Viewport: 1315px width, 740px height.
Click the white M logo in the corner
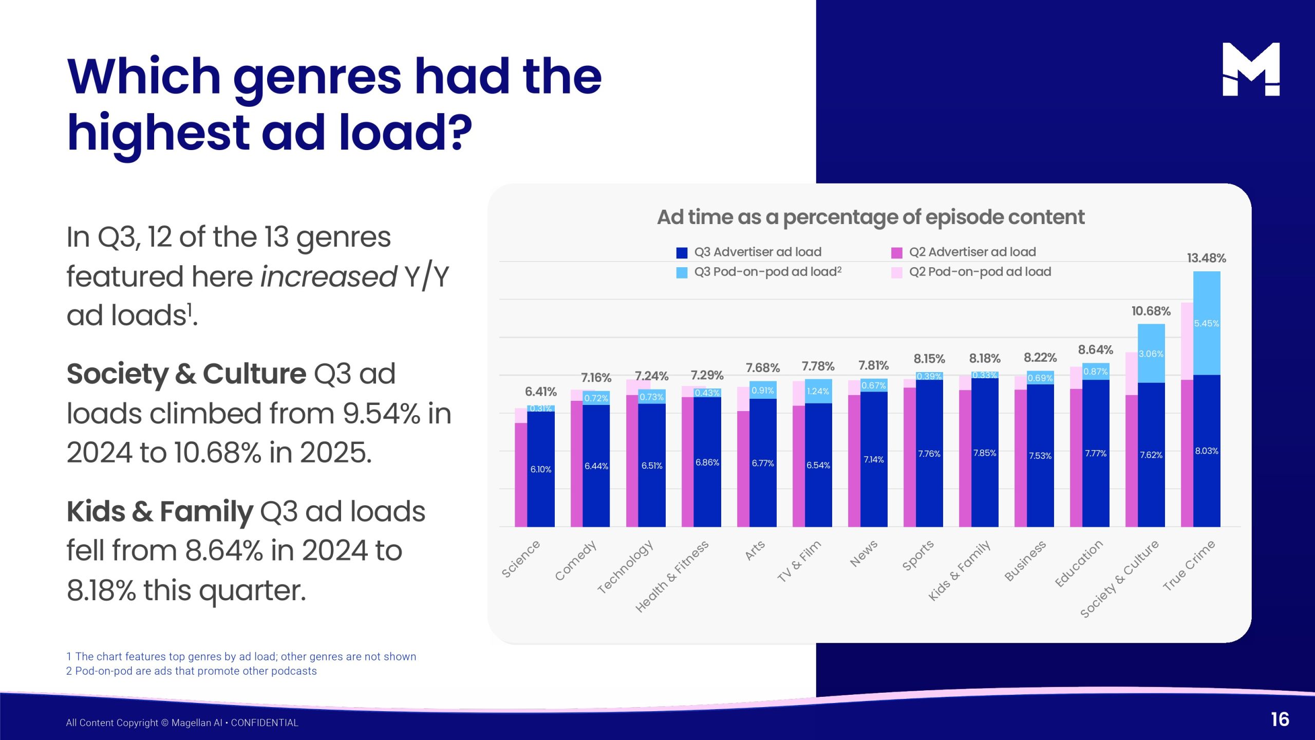tap(1251, 69)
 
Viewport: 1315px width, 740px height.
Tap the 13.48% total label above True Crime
tap(1206, 258)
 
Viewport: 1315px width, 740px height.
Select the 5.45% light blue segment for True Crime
tap(1206, 323)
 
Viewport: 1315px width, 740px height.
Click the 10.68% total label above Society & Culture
tap(1151, 311)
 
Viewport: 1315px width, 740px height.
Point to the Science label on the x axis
tap(521, 559)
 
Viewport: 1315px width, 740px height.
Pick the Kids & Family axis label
tap(959, 570)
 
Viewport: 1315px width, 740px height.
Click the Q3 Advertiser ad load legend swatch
tap(682, 253)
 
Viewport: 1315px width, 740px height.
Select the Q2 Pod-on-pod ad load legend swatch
tap(896, 272)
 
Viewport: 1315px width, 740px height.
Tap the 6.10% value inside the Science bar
tap(540, 469)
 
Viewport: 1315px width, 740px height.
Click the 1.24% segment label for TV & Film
tap(818, 392)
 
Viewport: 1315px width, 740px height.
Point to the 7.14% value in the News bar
tap(873, 459)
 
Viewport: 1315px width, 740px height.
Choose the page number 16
tap(1280, 719)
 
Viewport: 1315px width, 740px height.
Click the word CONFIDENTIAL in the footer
tap(265, 723)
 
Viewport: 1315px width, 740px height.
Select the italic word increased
tap(328, 276)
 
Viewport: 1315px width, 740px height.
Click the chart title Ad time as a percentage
tap(871, 217)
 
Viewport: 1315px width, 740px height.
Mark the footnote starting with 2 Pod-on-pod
tap(191, 671)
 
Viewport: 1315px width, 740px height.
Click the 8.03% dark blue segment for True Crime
tap(1206, 451)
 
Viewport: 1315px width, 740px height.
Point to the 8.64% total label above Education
tap(1095, 350)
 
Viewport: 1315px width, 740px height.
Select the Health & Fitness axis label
tap(672, 576)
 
